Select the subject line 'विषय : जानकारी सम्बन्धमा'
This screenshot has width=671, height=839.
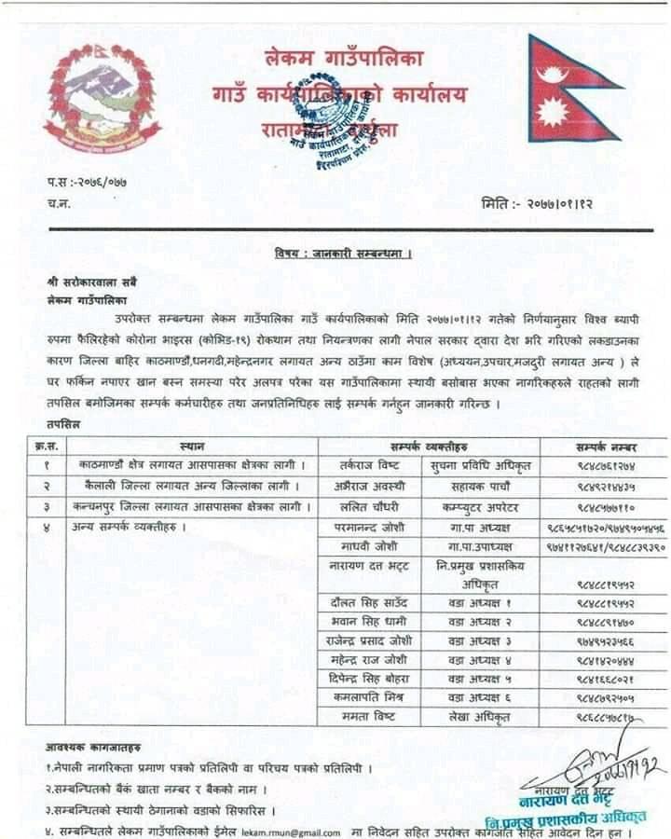[x=343, y=253]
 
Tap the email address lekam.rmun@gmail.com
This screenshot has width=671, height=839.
[x=289, y=831]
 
